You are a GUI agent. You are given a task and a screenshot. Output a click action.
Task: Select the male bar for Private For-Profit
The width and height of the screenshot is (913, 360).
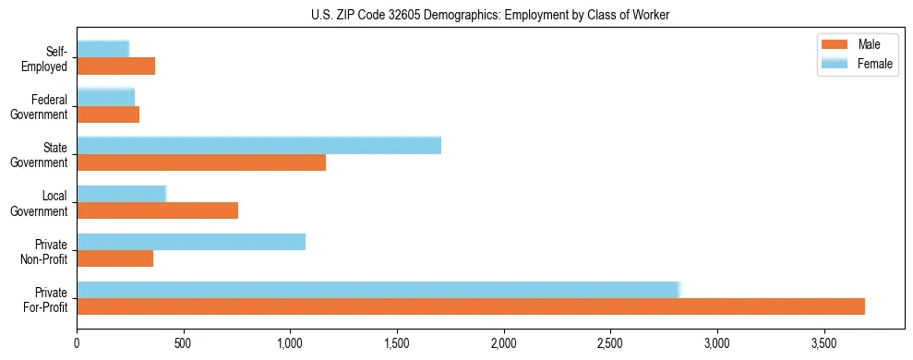(x=471, y=306)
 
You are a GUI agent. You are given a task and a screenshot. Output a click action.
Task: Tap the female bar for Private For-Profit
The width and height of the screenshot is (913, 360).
(x=378, y=290)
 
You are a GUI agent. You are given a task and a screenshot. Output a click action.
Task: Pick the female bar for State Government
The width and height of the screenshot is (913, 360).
(x=258, y=145)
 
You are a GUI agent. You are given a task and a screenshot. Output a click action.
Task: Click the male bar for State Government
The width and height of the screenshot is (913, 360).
(x=201, y=162)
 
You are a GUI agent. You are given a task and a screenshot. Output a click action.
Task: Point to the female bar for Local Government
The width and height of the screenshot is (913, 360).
(x=121, y=194)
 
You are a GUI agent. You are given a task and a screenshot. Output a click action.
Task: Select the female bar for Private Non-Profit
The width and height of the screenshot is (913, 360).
(x=191, y=242)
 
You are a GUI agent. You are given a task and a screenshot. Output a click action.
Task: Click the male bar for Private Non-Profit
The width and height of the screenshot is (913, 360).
(x=114, y=258)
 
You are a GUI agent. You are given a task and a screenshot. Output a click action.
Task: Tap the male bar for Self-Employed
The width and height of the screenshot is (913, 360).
(x=115, y=66)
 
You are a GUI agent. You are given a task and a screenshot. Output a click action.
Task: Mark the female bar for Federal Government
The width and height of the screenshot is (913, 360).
(x=105, y=97)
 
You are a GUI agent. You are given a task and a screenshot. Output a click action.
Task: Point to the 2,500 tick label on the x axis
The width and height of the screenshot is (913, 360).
(x=610, y=342)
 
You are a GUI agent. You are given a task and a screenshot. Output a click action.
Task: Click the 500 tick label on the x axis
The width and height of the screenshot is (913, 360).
(x=184, y=342)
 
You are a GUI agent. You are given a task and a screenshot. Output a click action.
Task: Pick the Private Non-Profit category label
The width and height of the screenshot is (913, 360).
(x=45, y=251)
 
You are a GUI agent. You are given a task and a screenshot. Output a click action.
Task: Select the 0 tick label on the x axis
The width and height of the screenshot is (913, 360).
(x=78, y=342)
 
